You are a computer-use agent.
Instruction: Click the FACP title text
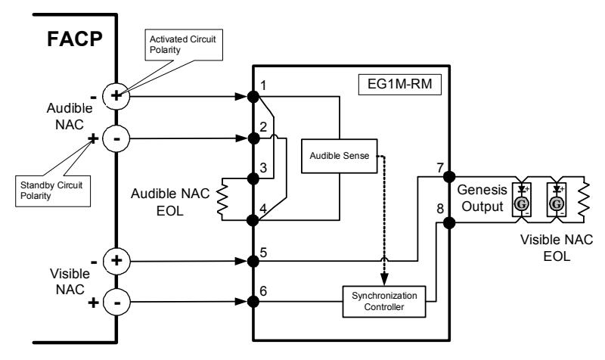(75, 39)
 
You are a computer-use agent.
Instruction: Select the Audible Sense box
(339, 156)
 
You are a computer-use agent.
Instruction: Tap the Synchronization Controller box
(384, 301)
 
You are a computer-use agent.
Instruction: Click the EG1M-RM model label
(400, 84)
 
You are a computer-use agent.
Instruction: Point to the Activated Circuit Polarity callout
(184, 45)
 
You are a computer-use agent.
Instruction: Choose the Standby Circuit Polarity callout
(53, 191)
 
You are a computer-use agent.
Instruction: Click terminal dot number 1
(253, 97)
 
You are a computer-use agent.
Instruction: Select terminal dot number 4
(253, 220)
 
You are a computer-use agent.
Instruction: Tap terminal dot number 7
(449, 177)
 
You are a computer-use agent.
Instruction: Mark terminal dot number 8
(449, 222)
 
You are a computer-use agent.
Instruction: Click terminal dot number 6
(253, 301)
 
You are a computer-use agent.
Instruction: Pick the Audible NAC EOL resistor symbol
(222, 200)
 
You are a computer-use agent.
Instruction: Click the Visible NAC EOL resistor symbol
(584, 200)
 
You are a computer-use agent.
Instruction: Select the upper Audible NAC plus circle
(116, 96)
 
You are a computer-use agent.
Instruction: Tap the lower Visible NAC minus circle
(116, 302)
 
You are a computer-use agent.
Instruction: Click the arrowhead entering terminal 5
(241, 261)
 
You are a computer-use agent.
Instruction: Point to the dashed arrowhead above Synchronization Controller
(384, 279)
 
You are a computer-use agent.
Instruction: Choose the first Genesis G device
(521, 200)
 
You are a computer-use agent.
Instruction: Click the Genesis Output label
(482, 198)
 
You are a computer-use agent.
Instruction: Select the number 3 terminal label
(263, 168)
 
